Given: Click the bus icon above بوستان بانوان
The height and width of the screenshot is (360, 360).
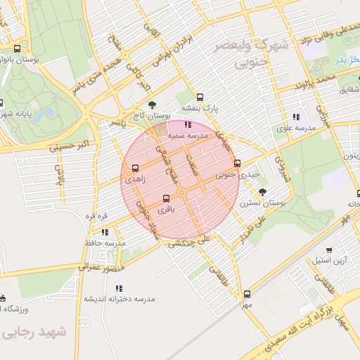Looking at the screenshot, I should pos(17,49).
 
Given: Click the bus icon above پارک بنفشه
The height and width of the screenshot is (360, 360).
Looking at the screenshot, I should pos(200,97).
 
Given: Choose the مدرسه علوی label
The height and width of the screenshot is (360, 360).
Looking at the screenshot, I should pos(295,128).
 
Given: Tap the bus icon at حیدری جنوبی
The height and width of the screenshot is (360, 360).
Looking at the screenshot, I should pos(237,163).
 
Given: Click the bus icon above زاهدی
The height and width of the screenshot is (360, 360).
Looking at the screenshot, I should pos(135,168).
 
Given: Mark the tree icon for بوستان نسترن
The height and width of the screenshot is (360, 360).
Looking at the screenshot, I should pos(263,191).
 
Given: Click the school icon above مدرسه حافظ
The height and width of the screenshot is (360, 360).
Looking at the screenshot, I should pos(105,231).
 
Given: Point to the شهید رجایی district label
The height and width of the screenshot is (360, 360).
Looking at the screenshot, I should pos(34,332).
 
